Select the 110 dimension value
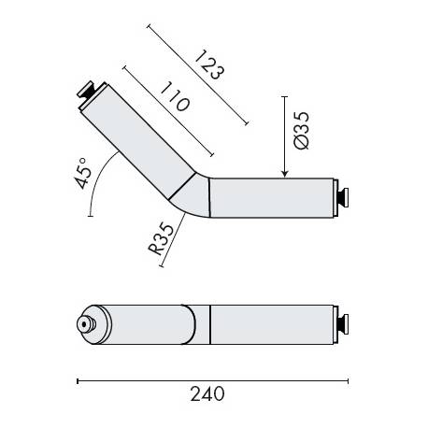tap(173, 95)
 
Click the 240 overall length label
tap(207, 394)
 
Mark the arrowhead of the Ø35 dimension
tap(285, 173)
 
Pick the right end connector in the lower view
tap(345, 322)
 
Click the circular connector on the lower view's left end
tap(85, 325)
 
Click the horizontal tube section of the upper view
tap(271, 196)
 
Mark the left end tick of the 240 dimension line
tap(77, 380)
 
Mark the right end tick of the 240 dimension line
tap(349, 380)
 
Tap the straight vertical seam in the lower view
tap(210, 322)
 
